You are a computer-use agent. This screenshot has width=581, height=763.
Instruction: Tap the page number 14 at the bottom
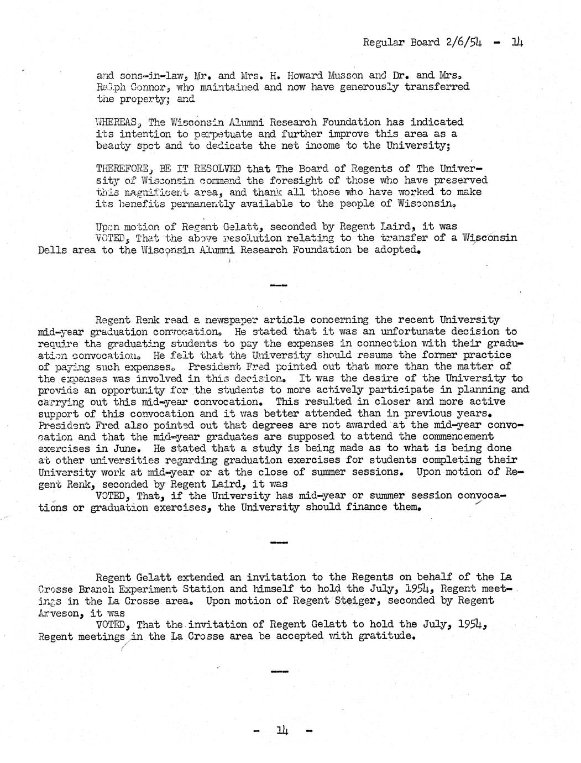pyautogui.click(x=282, y=731)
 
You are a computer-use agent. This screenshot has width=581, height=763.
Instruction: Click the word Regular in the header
pyautogui.click(x=383, y=43)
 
